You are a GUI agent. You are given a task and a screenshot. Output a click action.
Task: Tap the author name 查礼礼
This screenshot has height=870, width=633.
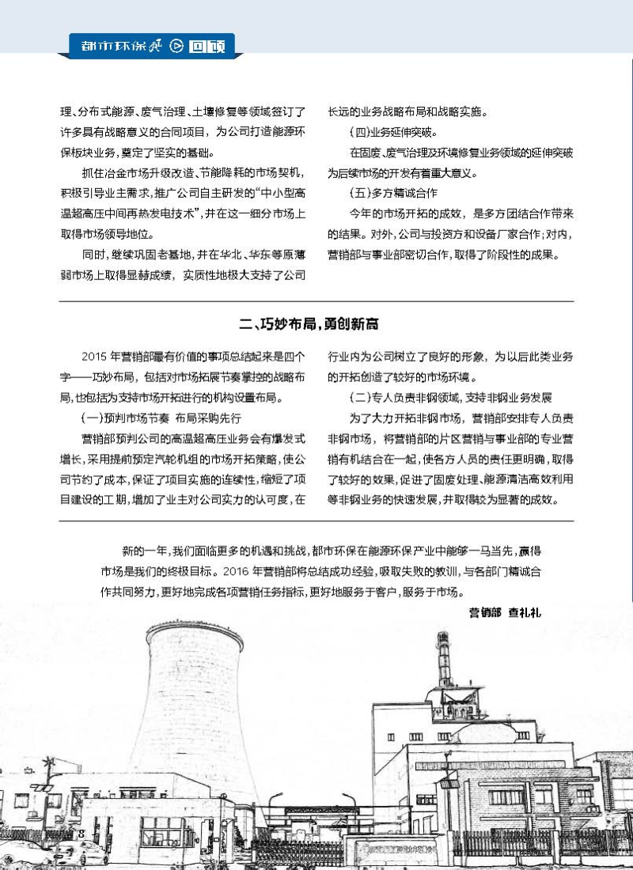pyautogui.click(x=525, y=611)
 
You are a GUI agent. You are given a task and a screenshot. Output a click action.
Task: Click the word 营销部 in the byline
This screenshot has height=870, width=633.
pyautogui.click(x=485, y=611)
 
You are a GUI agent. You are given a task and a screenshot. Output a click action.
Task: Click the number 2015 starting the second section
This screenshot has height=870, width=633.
pyautogui.click(x=95, y=356)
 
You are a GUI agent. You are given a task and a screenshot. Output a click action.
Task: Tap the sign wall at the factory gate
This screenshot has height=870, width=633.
pyautogui.click(x=411, y=850)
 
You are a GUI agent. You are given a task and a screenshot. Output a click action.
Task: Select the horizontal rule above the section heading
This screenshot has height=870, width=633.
pyautogui.click(x=316, y=301)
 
